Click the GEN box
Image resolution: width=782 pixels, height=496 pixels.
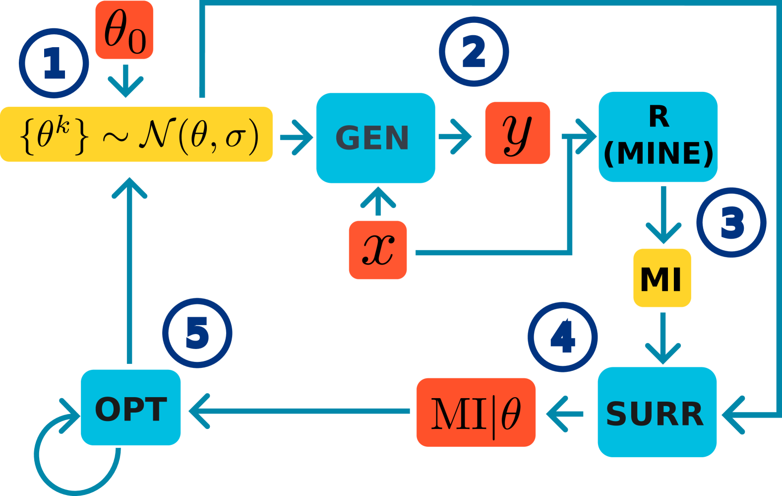375,138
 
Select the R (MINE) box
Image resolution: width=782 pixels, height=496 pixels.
658,137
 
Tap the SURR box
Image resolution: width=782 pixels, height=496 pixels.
657,412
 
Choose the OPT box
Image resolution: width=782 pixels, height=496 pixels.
130,407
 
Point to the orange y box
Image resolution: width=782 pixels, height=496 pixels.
517,133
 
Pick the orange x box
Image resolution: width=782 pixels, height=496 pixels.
377,250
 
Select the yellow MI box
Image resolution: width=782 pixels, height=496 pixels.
662,278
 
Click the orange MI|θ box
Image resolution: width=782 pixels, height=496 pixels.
476,412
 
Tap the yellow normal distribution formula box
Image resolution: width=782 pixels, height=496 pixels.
136,134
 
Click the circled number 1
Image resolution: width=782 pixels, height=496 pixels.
54,63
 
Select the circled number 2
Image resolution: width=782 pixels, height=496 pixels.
474,52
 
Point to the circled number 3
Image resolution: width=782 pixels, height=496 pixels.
731,222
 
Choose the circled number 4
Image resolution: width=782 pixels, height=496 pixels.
562,337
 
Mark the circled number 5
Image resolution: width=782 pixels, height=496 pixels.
197,333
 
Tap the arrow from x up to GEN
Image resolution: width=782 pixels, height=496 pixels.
378,202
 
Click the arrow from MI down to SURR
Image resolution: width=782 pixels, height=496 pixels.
662,338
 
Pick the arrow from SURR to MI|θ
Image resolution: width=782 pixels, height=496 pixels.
565,413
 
